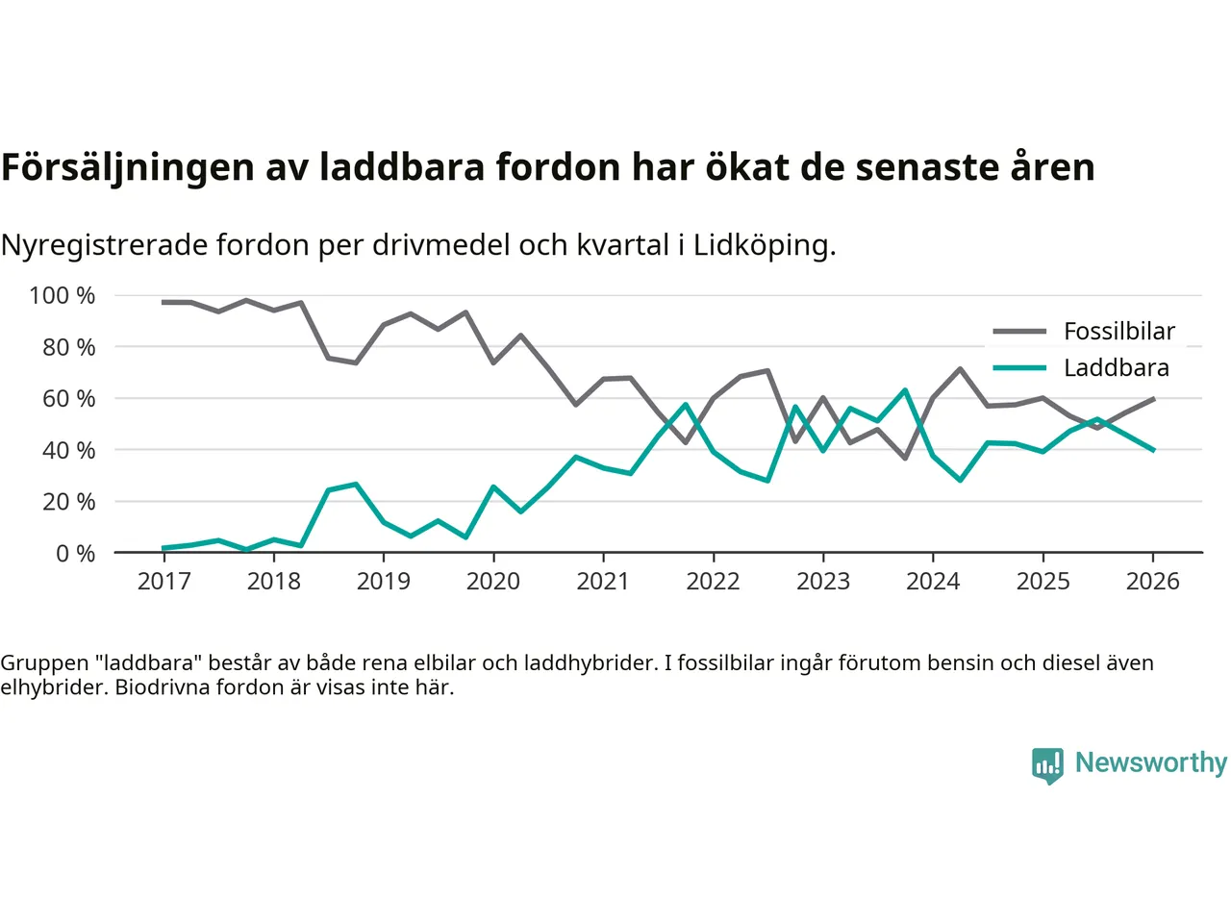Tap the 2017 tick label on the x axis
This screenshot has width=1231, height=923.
coord(164,582)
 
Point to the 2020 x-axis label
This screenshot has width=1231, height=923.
coord(493,582)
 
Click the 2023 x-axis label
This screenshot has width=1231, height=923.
coord(823,582)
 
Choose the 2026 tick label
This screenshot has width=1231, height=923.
coord(1153,582)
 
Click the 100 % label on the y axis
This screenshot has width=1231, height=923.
coord(63,296)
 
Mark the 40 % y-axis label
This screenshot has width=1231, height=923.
coord(68,450)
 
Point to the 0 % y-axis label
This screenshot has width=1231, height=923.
coord(75,554)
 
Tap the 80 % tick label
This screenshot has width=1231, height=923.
coord(68,347)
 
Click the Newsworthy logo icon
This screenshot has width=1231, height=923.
coord(1047,765)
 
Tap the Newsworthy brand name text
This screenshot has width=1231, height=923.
coord(1150,762)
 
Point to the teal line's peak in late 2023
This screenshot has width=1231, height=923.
coord(905,390)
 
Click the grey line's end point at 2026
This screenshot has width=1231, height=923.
coord(1153,398)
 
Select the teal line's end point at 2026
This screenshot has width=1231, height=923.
coord(1153,450)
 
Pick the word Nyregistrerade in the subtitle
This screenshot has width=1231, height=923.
coord(104,245)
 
